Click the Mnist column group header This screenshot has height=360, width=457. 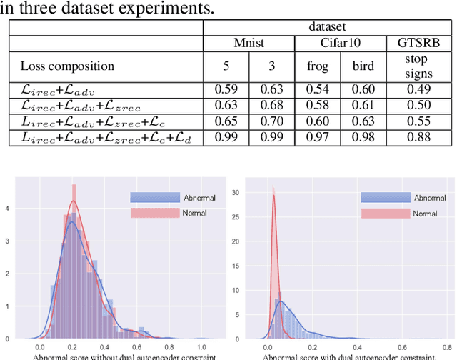[x=249, y=44]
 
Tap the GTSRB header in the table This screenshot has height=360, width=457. [x=421, y=44]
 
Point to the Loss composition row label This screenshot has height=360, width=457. [x=67, y=66]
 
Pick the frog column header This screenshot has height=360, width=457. [x=318, y=66]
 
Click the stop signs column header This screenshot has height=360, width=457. [x=421, y=66]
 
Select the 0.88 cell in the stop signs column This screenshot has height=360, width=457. [x=421, y=137]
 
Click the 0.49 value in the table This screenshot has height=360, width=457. [x=421, y=90]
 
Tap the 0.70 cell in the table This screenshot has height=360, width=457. [x=272, y=121]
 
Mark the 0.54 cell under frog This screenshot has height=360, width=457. [x=318, y=90]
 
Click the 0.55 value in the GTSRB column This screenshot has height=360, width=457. [x=421, y=121]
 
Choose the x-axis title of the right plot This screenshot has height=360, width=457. [x=345, y=356]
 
